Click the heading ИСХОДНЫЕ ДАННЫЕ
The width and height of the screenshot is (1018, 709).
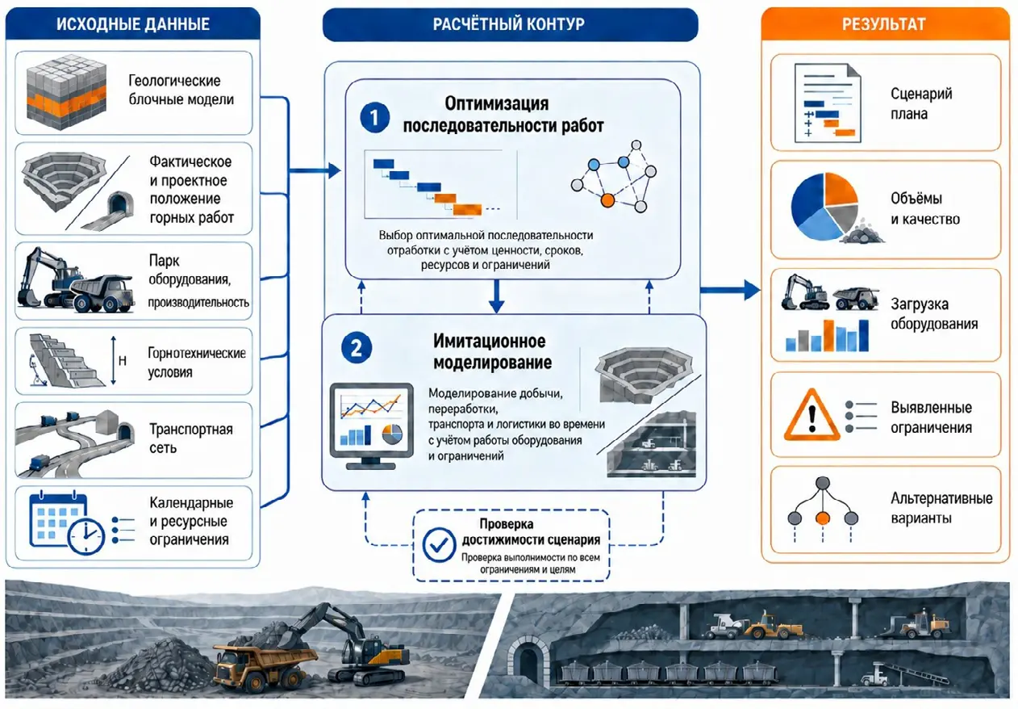(x=133, y=23)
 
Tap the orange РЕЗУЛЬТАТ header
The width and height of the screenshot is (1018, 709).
(x=883, y=23)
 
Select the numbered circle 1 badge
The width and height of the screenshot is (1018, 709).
(x=374, y=117)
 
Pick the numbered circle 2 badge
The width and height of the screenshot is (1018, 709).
(x=357, y=348)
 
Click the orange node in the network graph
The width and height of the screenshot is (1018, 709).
(x=607, y=200)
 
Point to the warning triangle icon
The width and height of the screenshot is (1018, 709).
(x=812, y=416)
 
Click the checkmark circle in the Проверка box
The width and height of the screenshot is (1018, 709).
(x=439, y=545)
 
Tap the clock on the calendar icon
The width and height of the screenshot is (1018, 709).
(x=86, y=535)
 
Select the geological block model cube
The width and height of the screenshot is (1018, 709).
(x=66, y=92)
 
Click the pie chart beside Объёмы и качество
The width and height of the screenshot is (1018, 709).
(x=824, y=207)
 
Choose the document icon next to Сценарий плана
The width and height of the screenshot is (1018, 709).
(x=828, y=103)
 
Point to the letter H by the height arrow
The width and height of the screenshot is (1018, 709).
(x=123, y=361)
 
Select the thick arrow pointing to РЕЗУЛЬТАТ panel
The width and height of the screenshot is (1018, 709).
(x=730, y=290)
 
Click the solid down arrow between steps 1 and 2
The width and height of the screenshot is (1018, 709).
(x=496, y=296)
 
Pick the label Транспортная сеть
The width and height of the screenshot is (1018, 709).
(x=191, y=438)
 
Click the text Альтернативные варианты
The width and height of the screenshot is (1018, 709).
(x=941, y=508)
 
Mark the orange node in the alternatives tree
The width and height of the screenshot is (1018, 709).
(x=823, y=518)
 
